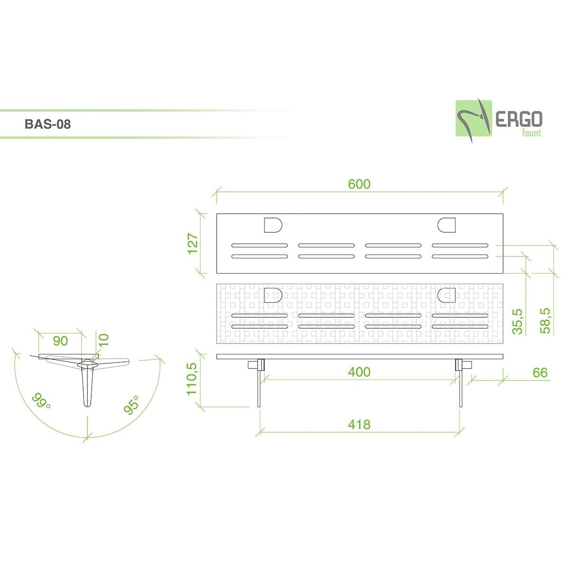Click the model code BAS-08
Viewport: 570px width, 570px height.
[47, 125]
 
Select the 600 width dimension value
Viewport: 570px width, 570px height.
[359, 184]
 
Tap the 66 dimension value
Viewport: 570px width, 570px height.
[540, 372]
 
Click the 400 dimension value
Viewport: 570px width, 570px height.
[359, 372]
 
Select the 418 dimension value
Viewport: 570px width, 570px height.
[359, 424]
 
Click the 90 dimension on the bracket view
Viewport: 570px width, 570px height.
[60, 341]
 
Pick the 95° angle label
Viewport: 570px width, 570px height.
[132, 405]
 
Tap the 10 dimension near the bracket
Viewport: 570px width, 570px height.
[104, 339]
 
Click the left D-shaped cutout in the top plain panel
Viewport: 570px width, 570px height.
[273, 225]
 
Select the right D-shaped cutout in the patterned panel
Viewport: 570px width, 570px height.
[446, 295]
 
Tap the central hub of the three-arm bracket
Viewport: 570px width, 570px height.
[88, 364]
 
